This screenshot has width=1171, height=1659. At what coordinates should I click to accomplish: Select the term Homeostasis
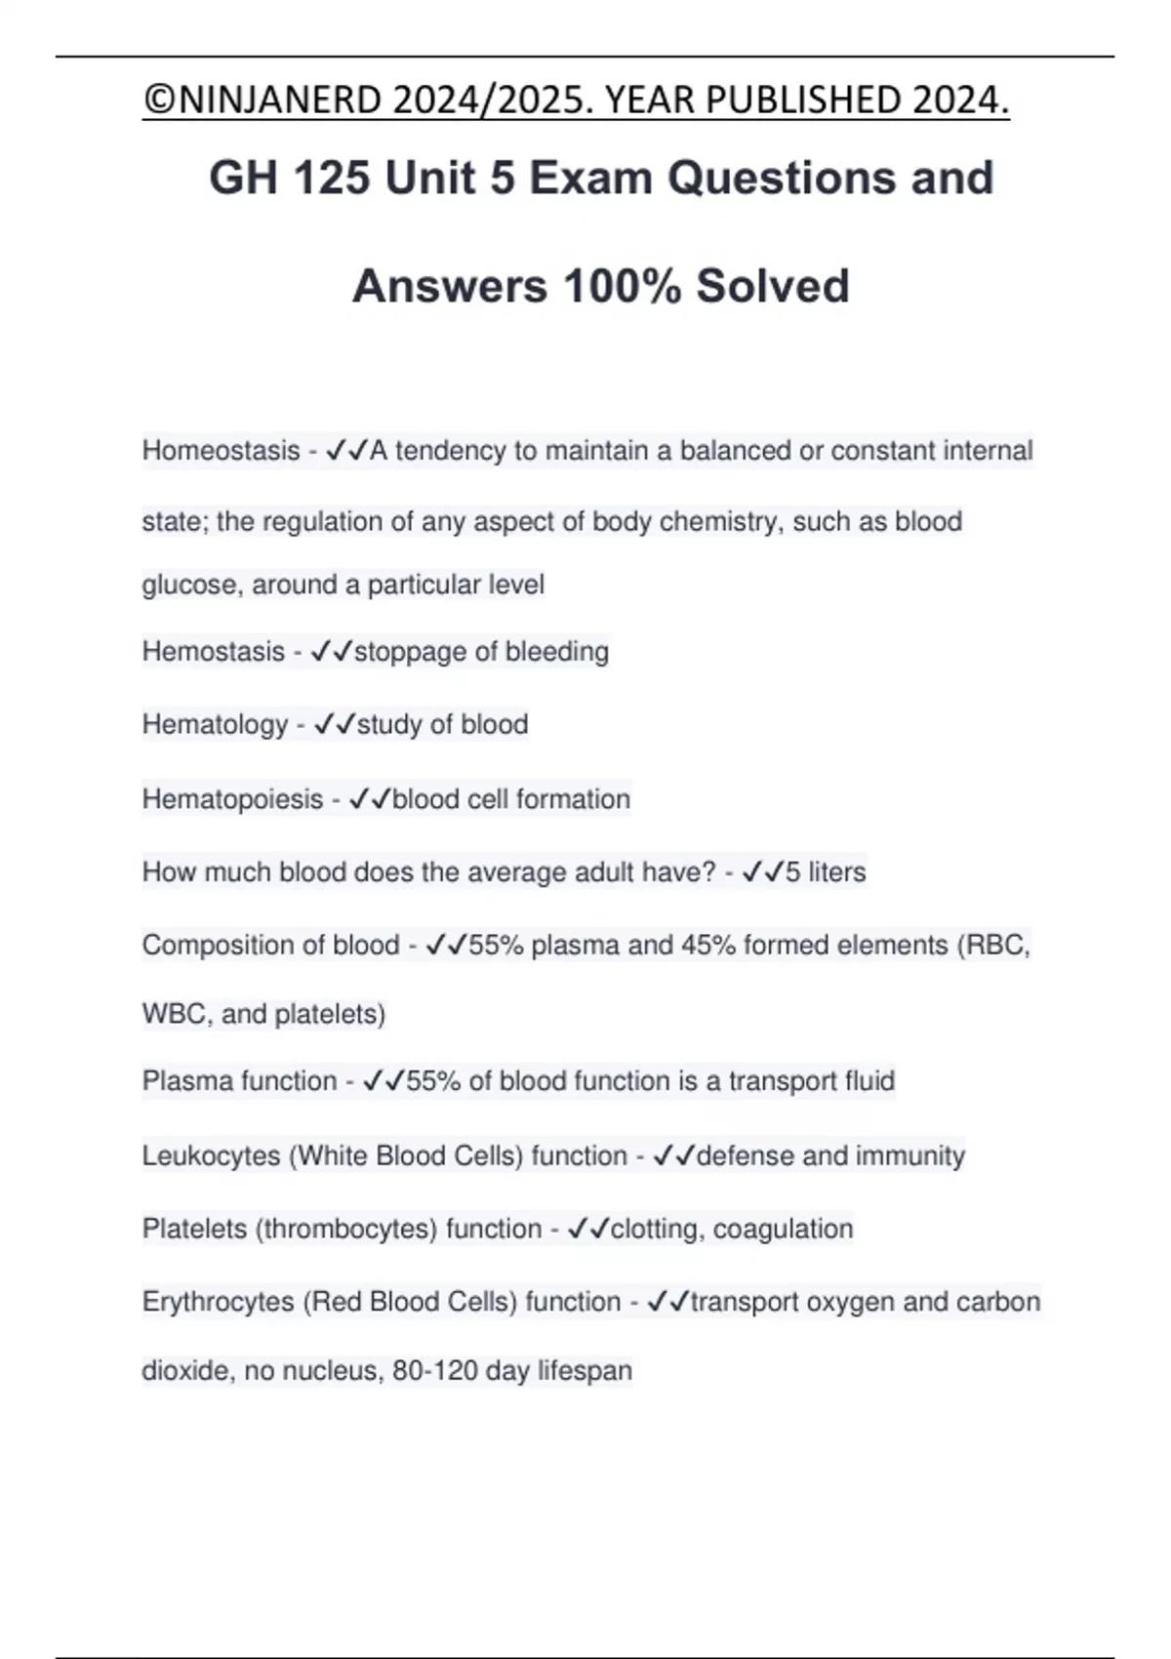[x=221, y=451]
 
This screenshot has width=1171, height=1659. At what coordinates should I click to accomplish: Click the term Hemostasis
[x=213, y=651]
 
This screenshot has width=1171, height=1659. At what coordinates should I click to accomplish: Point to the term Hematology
[x=215, y=724]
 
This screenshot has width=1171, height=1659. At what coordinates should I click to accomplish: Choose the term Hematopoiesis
[x=232, y=799]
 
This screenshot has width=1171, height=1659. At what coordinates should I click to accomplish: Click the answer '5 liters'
[x=825, y=871]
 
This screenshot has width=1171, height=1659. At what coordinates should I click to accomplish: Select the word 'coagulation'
[x=783, y=1229]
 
